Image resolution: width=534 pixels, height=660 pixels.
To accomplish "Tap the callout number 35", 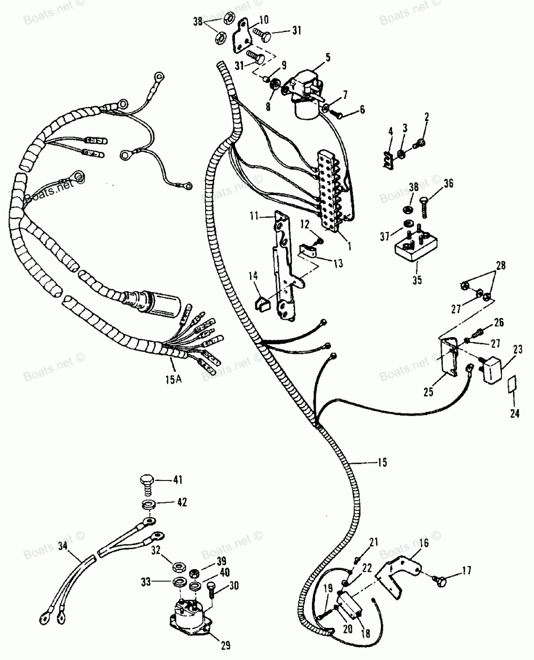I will (x=416, y=279).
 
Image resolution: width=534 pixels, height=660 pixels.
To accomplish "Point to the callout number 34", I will (x=62, y=546).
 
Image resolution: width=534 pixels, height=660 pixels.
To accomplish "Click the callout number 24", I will (x=514, y=413).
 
